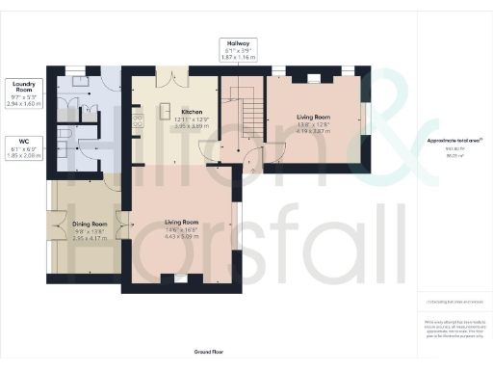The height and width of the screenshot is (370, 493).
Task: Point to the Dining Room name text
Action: pos(88,225)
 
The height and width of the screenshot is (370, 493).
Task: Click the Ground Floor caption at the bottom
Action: pos(208,354)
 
